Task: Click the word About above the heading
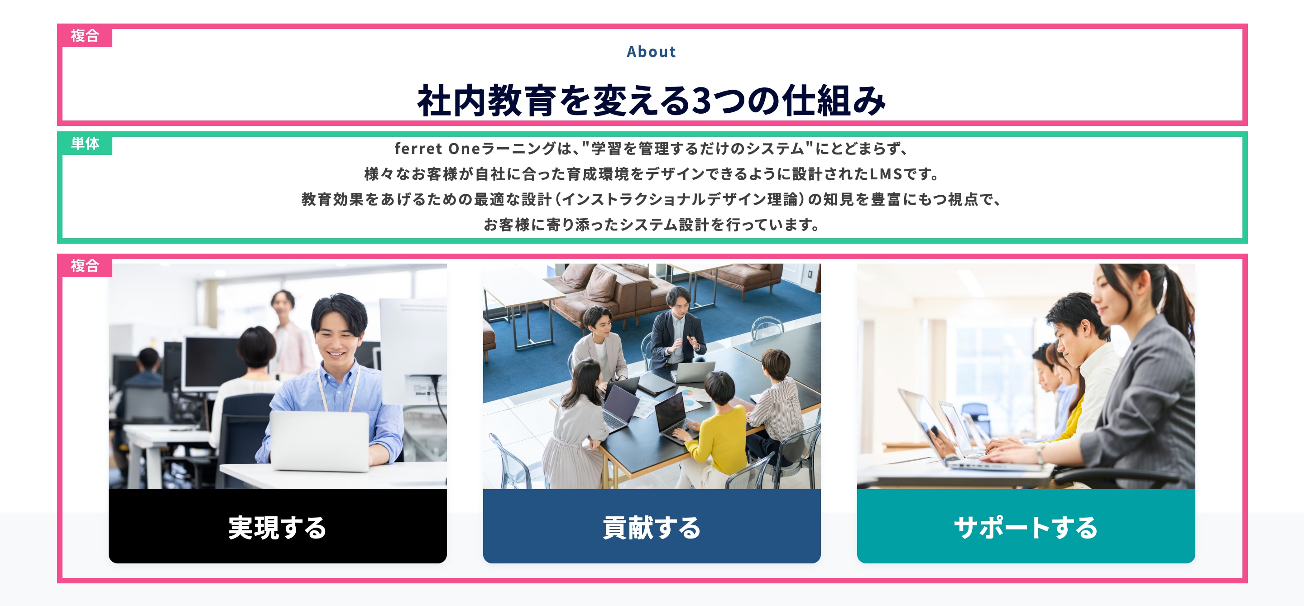coord(651,52)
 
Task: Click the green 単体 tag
coord(85,144)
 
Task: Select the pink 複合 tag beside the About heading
coord(85,36)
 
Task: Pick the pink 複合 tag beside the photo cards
coord(85,266)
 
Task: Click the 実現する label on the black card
coord(278,528)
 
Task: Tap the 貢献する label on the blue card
coord(652,528)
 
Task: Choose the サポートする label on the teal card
coord(1026,528)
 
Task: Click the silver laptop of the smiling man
coord(320,440)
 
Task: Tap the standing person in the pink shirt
coord(291,334)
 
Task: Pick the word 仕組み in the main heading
coord(834,100)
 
